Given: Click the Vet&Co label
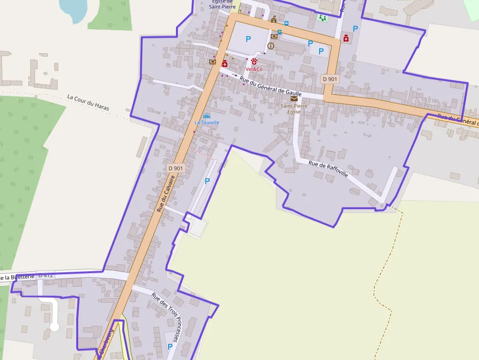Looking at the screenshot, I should click(x=254, y=69).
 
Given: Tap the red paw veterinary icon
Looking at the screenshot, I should click(x=254, y=62).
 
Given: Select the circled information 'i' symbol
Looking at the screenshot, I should click(x=271, y=46).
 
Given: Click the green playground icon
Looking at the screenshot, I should click(x=322, y=18).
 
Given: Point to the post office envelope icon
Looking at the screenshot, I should click(x=294, y=99).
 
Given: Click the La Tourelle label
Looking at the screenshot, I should click(x=207, y=123).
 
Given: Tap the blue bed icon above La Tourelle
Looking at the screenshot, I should click(x=207, y=116).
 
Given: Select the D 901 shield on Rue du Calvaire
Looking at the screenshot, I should click(x=175, y=168).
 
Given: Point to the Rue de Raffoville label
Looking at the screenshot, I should click(x=328, y=169).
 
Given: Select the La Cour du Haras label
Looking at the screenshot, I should click(x=88, y=102).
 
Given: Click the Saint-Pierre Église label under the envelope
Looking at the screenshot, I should click(x=294, y=108).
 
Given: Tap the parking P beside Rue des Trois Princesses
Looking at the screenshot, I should click(x=170, y=346).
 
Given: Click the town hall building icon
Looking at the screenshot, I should click(x=274, y=20).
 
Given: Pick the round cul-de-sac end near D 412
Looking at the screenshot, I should click(x=55, y=326).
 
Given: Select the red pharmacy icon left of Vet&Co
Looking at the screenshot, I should click(x=225, y=64).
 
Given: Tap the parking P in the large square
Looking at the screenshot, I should click(x=248, y=39).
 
